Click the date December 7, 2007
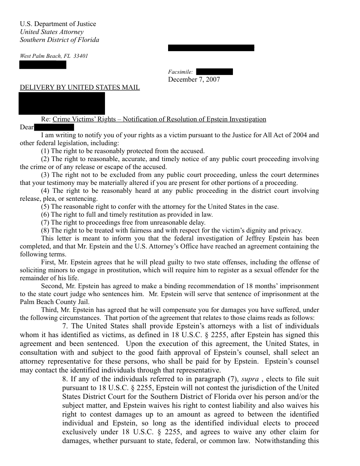[x=194, y=79]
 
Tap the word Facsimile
[x=180, y=72]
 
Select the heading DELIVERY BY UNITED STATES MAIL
[x=80, y=87]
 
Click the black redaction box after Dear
[x=54, y=128]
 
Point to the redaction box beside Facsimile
[x=214, y=72]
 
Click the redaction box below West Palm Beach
[x=43, y=65]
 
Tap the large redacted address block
[x=62, y=103]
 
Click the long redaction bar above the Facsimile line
[x=211, y=48]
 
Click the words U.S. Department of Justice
[x=58, y=24]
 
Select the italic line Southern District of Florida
[x=60, y=40]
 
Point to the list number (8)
[x=45, y=230]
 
